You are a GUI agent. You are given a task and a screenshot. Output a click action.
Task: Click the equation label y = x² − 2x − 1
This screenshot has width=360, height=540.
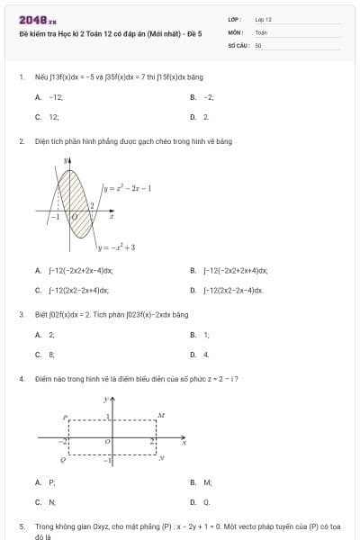tap(126, 188)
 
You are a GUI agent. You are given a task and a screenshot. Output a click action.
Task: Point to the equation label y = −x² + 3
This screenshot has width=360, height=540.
tap(118, 247)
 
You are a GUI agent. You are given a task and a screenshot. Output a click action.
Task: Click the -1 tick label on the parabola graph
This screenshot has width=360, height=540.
tap(55, 217)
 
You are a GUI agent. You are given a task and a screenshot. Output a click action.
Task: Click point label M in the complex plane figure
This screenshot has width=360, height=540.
tap(161, 416)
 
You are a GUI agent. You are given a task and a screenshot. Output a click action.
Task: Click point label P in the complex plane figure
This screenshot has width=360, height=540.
tap(64, 417)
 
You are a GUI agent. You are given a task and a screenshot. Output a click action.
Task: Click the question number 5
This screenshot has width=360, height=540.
tap(22, 524)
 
